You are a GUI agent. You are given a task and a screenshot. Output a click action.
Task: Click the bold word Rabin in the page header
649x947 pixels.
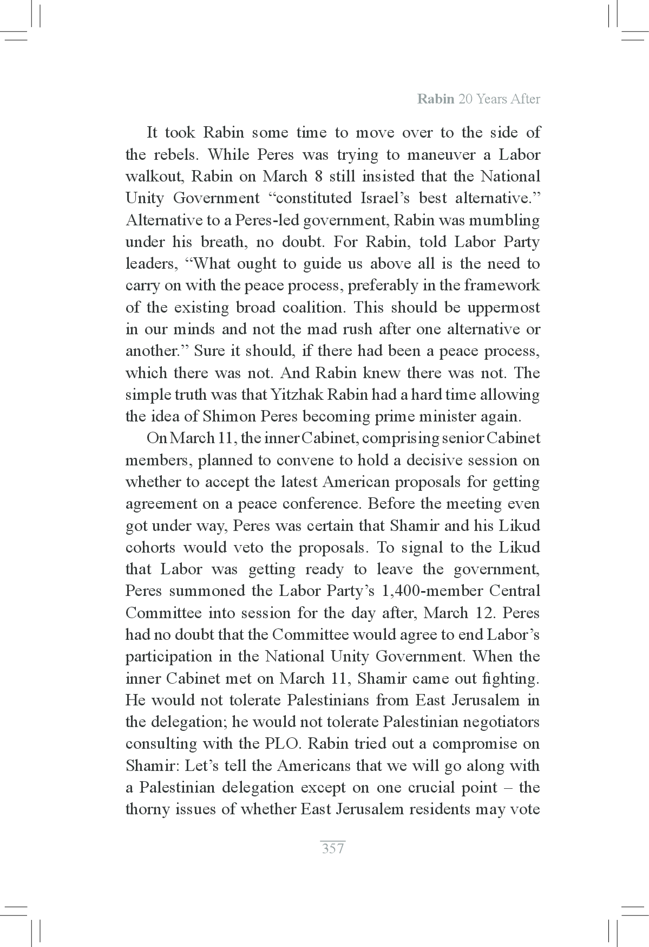435,100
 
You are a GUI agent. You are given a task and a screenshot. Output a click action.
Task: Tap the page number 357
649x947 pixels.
332,848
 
